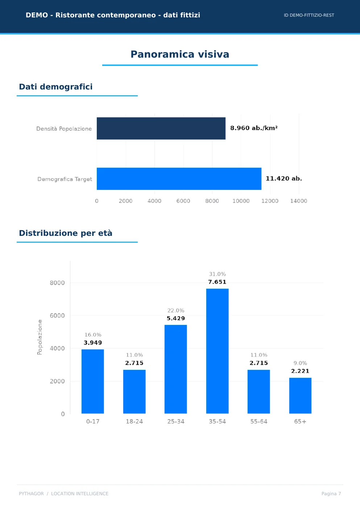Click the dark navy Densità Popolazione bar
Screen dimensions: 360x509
161,128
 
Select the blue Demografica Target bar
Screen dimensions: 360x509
179,179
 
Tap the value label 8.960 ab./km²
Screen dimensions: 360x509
254,128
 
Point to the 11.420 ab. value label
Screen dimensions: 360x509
284,179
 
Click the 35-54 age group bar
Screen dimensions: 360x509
218,351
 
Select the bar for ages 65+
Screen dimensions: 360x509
300,396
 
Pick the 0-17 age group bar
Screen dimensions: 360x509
93,381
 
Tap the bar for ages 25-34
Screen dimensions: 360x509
176,369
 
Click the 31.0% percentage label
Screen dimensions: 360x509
218,274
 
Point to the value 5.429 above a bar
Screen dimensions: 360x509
176,318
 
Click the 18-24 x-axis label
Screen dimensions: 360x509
135,422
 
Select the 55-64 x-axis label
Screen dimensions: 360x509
259,422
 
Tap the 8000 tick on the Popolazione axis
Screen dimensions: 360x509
57,283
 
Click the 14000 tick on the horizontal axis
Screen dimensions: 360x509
299,201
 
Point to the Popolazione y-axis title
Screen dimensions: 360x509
40,337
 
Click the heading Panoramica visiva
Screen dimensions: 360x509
180,54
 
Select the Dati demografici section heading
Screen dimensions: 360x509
56,87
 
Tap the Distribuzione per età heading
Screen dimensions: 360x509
66,233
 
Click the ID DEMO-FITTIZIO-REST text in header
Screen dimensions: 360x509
309,15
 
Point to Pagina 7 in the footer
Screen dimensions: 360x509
331,493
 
